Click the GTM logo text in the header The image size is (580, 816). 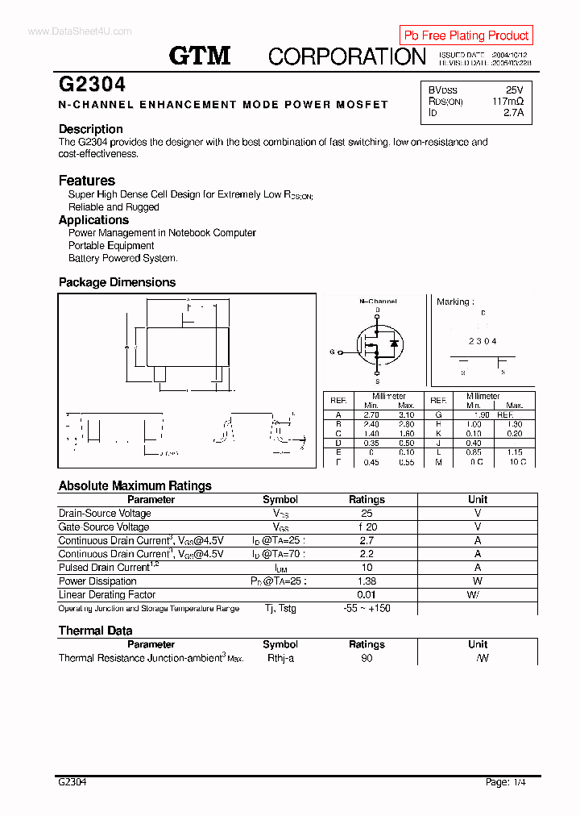click(200, 56)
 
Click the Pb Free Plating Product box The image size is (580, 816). click(466, 35)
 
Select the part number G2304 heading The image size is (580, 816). click(92, 85)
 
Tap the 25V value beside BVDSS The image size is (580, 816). click(514, 90)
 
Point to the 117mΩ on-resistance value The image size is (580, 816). click(507, 102)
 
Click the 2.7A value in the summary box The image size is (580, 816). click(513, 113)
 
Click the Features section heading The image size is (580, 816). click(87, 181)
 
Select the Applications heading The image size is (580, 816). click(93, 220)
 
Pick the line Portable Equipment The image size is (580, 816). click(111, 246)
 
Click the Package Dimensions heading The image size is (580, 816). click(117, 282)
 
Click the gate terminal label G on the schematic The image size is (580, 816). click(331, 352)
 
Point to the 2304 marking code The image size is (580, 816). click(483, 341)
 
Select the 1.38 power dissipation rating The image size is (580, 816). click(367, 581)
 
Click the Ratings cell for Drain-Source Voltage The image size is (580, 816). click(367, 514)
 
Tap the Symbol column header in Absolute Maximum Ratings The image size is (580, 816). click(280, 500)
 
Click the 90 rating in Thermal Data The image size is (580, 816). click(367, 658)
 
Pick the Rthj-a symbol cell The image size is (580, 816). click(280, 658)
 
